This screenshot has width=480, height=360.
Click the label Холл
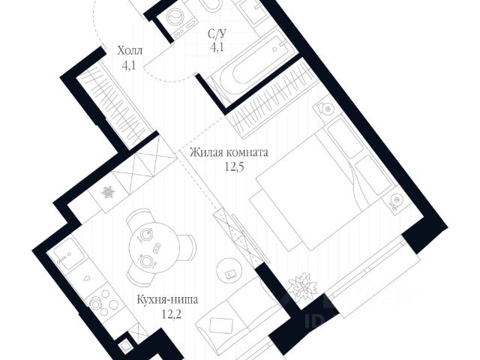click(130, 52)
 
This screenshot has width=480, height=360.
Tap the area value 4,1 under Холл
click(130, 65)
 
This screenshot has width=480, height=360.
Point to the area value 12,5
click(228, 166)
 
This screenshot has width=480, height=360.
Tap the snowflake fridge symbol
click(107, 193)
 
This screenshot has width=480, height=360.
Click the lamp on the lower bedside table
click(394, 200)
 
